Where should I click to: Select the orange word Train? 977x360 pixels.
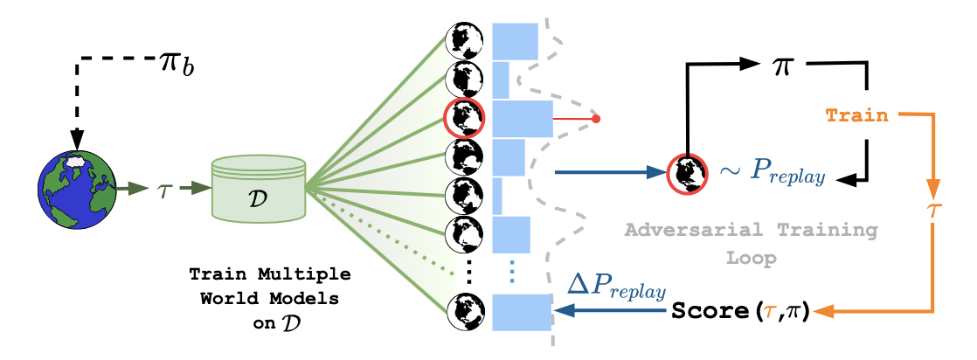click(x=856, y=114)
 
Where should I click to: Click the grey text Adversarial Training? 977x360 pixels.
click(x=751, y=231)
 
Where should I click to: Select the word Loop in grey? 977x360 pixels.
click(x=751, y=260)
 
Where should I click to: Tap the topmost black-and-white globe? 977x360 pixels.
click(x=463, y=40)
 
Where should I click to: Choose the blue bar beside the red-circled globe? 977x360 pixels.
click(x=523, y=118)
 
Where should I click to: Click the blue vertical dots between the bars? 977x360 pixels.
click(x=512, y=272)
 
